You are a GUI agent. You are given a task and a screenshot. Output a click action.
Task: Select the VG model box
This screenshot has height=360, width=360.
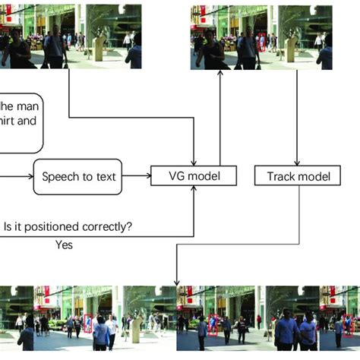click(194, 176)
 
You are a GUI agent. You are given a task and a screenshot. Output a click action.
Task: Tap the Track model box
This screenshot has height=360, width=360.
click(298, 176)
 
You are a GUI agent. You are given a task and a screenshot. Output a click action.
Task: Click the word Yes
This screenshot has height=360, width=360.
click(65, 245)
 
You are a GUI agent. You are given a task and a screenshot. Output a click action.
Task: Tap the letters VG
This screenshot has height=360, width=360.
click(177, 176)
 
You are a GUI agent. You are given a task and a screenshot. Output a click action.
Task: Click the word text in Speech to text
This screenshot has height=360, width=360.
click(106, 176)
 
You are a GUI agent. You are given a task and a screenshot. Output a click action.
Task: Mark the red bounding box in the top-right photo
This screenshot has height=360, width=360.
click(261, 43)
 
